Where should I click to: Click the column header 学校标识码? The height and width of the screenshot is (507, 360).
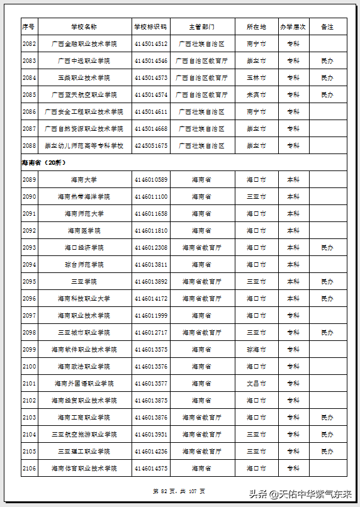click(150, 27)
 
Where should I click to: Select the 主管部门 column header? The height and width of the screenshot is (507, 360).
click(201, 27)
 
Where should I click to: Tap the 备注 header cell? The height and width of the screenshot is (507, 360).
click(327, 27)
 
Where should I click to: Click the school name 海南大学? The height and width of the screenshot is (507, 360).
click(84, 180)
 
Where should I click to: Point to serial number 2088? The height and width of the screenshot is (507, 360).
click(29, 146)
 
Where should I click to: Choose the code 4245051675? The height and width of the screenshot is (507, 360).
click(150, 146)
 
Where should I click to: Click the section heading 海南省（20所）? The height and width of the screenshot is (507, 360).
click(43, 163)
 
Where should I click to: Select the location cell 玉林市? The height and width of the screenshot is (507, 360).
click(256, 78)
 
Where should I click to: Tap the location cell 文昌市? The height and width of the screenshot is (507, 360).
click(256, 384)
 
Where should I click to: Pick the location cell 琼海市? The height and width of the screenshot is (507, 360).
click(256, 350)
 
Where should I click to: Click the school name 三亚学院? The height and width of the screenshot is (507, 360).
click(84, 282)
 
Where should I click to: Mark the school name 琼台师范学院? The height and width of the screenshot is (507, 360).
click(84, 265)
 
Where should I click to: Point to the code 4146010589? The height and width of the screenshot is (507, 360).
click(150, 180)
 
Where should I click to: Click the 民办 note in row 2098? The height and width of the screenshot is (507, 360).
click(327, 333)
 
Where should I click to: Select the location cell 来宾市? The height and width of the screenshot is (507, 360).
click(256, 95)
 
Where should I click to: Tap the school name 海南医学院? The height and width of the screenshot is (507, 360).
click(84, 231)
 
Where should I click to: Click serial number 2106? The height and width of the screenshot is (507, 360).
click(29, 469)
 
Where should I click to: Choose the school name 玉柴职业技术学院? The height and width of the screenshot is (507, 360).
click(84, 78)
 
